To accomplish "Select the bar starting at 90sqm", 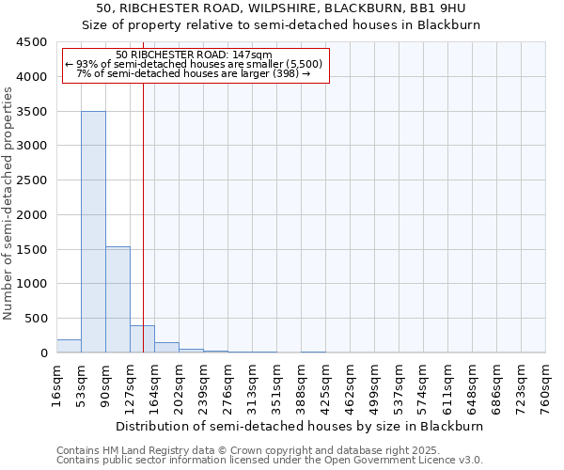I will tap(117, 300).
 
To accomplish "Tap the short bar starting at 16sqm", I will tap(69, 346).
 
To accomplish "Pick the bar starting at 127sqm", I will tap(142, 339).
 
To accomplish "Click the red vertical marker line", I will tap(143, 207).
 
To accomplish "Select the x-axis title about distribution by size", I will tap(301, 426).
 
